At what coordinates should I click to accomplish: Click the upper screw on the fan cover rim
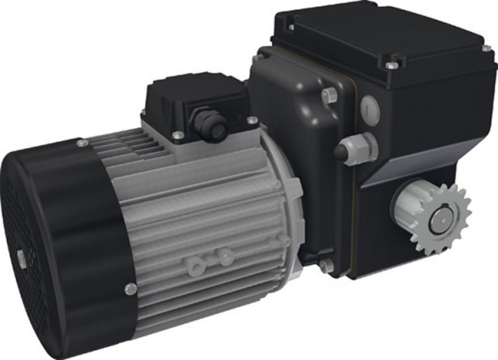[81, 143]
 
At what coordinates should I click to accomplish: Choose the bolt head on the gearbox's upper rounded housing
[329, 94]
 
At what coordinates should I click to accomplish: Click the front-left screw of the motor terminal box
[178, 135]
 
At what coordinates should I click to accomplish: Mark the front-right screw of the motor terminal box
[251, 119]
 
